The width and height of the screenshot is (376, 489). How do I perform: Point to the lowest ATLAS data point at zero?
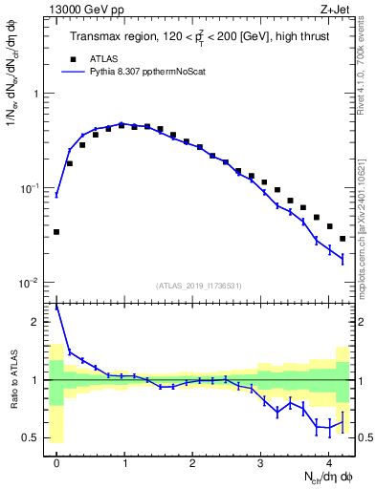click(x=56, y=232)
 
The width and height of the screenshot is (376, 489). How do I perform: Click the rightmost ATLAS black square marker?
click(x=343, y=239)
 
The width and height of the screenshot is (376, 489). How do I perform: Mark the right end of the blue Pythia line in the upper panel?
click(x=343, y=259)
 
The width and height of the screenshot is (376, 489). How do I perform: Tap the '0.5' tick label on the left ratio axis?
click(x=31, y=437)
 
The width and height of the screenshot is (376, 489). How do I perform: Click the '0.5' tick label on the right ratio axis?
click(x=365, y=437)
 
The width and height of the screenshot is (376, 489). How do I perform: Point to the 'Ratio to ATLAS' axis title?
click(x=12, y=380)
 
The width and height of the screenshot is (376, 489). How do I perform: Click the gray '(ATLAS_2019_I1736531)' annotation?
click(x=199, y=286)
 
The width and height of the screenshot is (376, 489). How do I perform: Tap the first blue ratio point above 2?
click(x=56, y=308)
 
